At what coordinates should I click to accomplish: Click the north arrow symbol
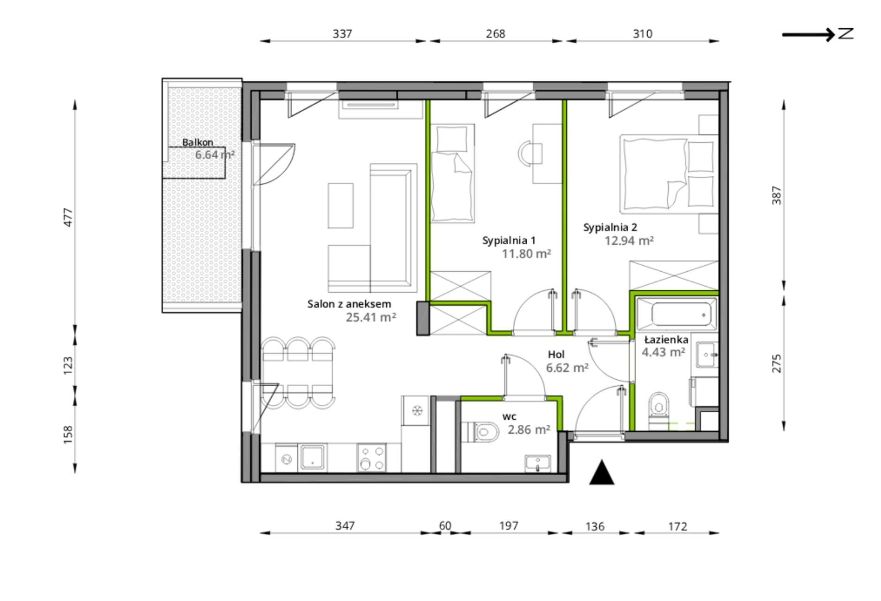coord(817,34)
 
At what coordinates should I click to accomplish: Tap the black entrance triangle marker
coord(601,473)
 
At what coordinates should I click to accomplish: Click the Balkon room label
coord(198,142)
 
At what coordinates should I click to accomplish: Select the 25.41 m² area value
coord(371,317)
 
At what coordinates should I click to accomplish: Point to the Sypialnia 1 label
coord(509,240)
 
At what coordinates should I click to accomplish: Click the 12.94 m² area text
coord(629,241)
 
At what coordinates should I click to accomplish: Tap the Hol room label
coord(556,354)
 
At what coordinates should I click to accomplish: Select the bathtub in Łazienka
coord(677,315)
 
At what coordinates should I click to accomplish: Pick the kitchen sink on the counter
coord(313,457)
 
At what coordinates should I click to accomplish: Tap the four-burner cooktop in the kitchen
coord(372,458)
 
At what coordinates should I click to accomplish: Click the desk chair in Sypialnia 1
coord(530,153)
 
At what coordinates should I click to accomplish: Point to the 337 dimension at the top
coord(342,34)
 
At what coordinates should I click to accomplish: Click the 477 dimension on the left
coord(68,217)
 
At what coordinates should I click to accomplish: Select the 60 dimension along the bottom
coord(445,525)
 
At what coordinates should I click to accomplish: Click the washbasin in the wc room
coord(538,463)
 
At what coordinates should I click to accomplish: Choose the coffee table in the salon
coord(340,205)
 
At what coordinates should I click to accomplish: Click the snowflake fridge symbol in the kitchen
coord(417,410)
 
